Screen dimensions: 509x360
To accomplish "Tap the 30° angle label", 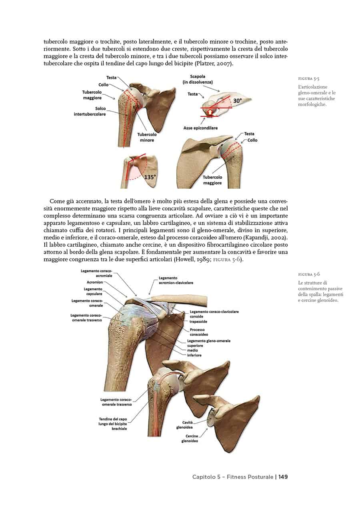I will click(x=237, y=101).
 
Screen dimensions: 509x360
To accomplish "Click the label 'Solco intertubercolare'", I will click(x=90, y=111).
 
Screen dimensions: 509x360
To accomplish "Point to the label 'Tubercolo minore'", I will click(x=147, y=138).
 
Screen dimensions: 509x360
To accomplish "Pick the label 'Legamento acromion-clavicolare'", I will click(x=176, y=280).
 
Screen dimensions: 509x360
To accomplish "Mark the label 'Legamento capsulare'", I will click(x=93, y=291).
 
